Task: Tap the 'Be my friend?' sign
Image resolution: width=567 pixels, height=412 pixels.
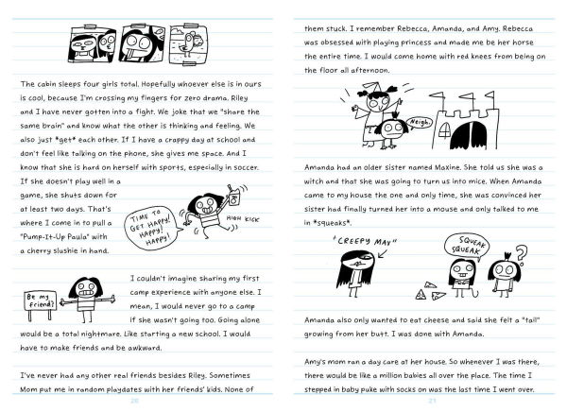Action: coord(40,301)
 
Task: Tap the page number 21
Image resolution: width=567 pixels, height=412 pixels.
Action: coord(431,401)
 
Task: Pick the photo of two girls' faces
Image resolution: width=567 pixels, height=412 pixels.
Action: coord(93,43)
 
